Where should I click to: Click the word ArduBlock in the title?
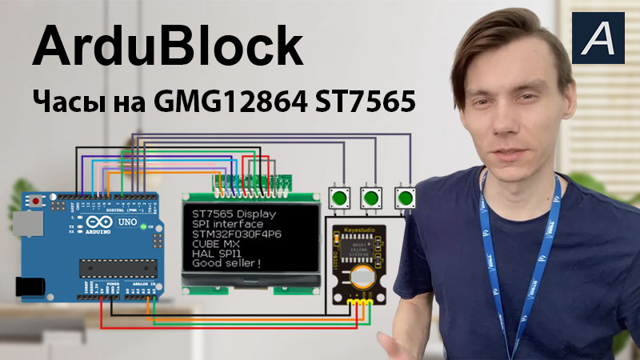coord(167,47)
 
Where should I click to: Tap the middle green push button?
coord(370,197)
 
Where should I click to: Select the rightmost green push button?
coord(406,197)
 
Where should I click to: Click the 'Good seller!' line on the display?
coord(227,263)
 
